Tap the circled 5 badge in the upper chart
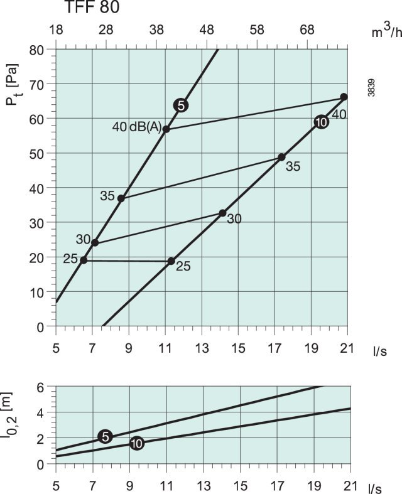[181, 105]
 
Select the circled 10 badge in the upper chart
[322, 122]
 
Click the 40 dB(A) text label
[136, 127]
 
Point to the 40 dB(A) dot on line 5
[166, 129]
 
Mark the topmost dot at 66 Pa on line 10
[344, 97]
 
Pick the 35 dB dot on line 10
[281, 157]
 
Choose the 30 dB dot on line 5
[95, 242]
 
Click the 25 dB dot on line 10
[171, 261]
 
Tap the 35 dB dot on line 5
[121, 198]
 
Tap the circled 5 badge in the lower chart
[106, 437]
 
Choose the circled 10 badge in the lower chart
[137, 443]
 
